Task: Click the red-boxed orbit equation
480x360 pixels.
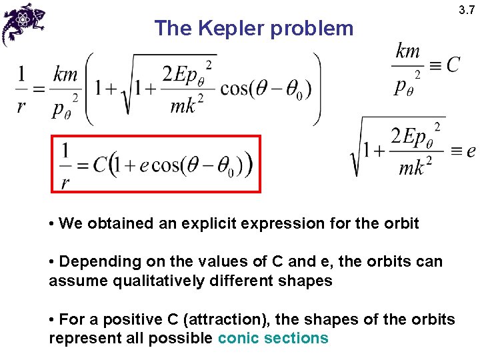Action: point(156,164)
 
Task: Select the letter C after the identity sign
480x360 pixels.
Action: point(453,65)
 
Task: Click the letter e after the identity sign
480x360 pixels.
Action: point(471,151)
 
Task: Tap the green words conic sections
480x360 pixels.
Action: point(273,338)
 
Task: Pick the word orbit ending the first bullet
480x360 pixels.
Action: point(401,223)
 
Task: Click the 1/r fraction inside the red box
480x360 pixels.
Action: point(65,165)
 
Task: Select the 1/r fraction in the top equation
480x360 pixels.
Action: point(22,91)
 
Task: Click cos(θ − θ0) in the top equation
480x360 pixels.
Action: point(261,89)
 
